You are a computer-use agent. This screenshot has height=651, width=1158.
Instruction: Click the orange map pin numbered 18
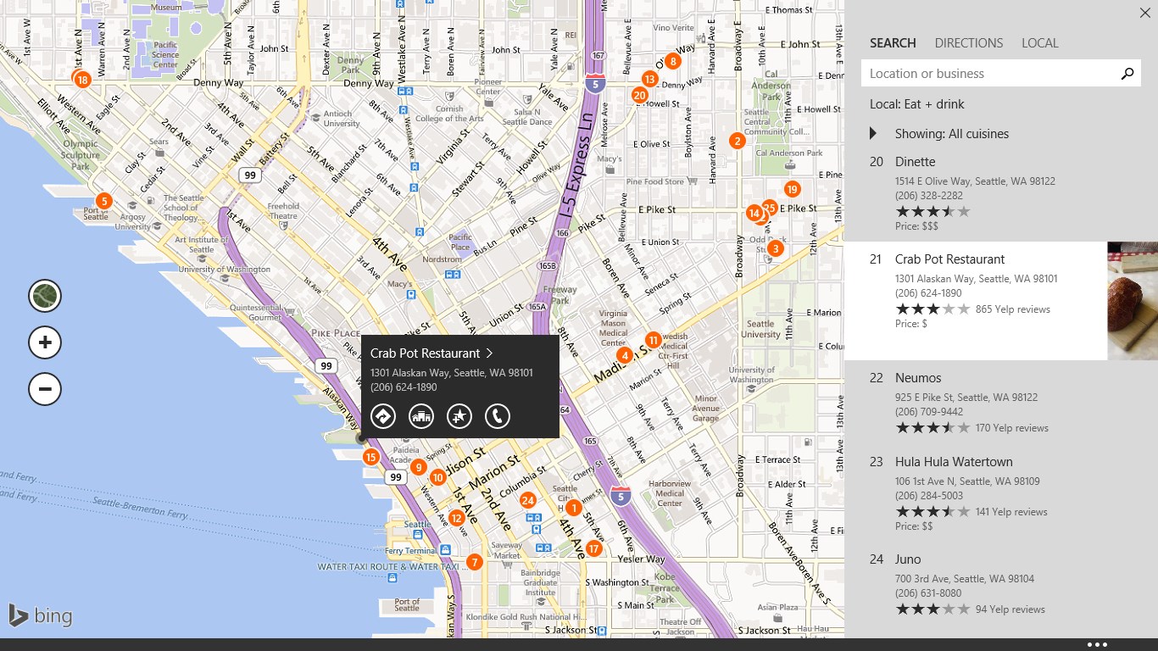pos(82,81)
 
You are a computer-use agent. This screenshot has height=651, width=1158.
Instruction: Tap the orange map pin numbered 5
pos(103,201)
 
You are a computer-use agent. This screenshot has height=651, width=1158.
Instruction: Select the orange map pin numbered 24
pos(528,500)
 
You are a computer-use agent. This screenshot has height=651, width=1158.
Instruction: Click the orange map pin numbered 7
pos(474,562)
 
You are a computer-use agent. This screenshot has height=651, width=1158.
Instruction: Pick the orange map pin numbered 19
pos(792,189)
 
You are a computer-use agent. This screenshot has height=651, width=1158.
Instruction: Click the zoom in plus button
pos(45,342)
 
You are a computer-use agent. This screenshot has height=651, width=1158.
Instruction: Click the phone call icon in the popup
pos(498,415)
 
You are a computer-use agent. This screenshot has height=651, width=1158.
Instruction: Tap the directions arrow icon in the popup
pos(383,415)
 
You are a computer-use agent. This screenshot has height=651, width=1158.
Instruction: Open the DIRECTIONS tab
pos(968,43)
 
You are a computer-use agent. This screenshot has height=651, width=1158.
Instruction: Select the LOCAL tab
pos(1039,43)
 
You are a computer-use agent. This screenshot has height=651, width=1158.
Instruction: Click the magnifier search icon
pos(1127,74)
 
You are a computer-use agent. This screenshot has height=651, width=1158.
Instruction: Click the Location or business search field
pos(988,74)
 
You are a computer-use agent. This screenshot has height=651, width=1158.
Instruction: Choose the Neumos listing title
pos(918,378)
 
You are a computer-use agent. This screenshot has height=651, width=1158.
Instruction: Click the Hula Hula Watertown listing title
pos(954,462)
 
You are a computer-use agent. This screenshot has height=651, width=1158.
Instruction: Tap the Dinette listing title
pos(915,162)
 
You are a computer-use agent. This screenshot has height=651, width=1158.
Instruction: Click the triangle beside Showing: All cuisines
pos(873,133)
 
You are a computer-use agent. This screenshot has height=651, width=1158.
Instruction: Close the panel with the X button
pos(1144,13)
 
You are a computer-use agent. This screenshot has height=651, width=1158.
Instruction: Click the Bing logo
pos(40,615)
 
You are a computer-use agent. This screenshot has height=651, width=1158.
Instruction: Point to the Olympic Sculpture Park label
pos(81,155)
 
